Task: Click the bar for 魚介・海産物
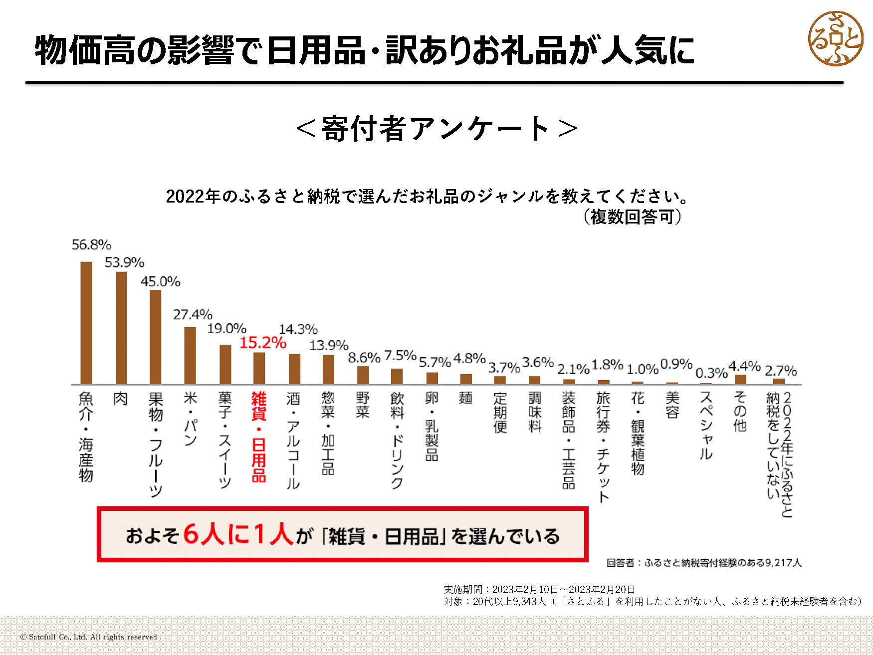pyautogui.click(x=86, y=323)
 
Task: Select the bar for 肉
pyautogui.click(x=121, y=328)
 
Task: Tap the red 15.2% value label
pyautogui.click(x=262, y=343)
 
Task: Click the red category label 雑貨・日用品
pyautogui.click(x=258, y=437)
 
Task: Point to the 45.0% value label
pyautogui.click(x=160, y=282)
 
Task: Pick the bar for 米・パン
pyautogui.click(x=190, y=355)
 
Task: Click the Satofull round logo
pyautogui.click(x=835, y=39)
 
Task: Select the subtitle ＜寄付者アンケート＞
pyautogui.click(x=436, y=129)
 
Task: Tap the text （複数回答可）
pyautogui.click(x=632, y=217)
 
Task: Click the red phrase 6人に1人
pyautogui.click(x=238, y=534)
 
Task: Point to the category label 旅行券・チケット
pyautogui.click(x=603, y=446)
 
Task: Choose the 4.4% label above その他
pyautogui.click(x=744, y=367)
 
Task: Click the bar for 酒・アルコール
pyautogui.click(x=294, y=369)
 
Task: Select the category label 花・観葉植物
pyautogui.click(x=638, y=433)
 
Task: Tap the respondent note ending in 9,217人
pyautogui.click(x=704, y=563)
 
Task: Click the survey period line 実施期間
pyautogui.click(x=539, y=589)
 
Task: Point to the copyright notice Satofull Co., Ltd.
pyautogui.click(x=88, y=637)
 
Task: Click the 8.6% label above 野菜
pyautogui.click(x=364, y=358)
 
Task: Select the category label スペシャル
pyautogui.click(x=706, y=425)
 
